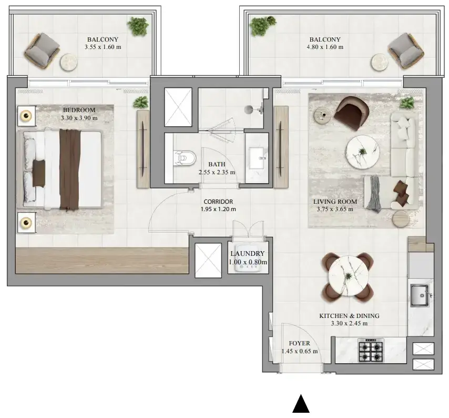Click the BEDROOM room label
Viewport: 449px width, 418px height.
click(x=79, y=110)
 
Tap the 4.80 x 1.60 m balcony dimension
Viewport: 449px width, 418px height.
click(x=325, y=47)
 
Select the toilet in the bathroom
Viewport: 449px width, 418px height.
click(x=185, y=158)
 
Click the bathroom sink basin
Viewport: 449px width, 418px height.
click(x=257, y=158)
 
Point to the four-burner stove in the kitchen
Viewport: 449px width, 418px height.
click(x=371, y=350)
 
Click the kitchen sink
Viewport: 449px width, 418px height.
click(x=420, y=295)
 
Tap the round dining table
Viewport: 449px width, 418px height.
click(x=348, y=275)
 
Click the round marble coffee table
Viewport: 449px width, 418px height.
click(x=363, y=151)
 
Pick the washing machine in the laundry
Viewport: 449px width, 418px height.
click(x=248, y=258)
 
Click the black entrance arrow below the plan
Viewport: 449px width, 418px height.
click(x=301, y=403)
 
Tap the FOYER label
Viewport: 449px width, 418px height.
click(x=299, y=343)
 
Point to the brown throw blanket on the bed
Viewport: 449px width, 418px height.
click(x=70, y=169)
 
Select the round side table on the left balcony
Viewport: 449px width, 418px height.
click(x=68, y=62)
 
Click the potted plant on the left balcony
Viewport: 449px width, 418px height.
click(x=138, y=26)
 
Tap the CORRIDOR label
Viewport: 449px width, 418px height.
click(x=218, y=202)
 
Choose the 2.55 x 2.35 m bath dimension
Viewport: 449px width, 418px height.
click(x=217, y=172)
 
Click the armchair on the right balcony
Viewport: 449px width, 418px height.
click(x=406, y=51)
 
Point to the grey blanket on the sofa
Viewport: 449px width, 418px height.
click(x=374, y=194)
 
